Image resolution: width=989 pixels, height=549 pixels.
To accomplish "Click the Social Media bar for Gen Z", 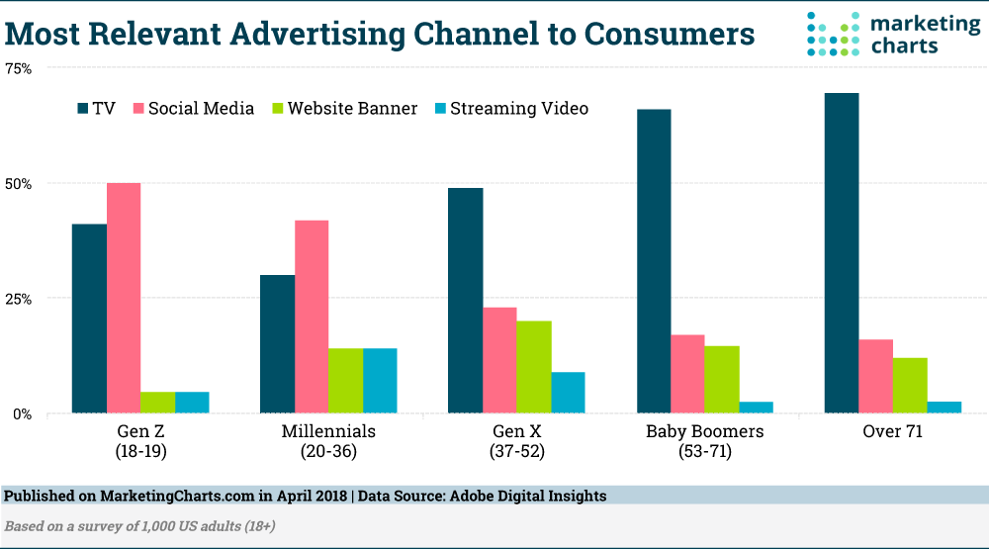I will pyautogui.click(x=124, y=298).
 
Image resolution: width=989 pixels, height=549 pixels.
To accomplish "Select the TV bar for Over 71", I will pyautogui.click(x=842, y=253).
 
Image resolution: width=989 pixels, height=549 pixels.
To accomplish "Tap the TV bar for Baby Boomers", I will pyautogui.click(x=654, y=261).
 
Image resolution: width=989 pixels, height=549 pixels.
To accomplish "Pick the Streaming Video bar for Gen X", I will pyautogui.click(x=568, y=393).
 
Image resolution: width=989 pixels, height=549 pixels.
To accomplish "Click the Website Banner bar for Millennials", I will pyautogui.click(x=345, y=381).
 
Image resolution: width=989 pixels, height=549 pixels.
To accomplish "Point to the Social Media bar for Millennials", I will pyautogui.click(x=312, y=317).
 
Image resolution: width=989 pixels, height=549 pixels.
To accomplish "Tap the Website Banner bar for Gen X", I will pyautogui.click(x=534, y=367).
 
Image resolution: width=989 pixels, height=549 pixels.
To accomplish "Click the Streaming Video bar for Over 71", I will pyautogui.click(x=944, y=407).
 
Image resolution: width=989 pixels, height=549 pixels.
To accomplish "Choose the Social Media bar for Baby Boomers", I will pyautogui.click(x=687, y=374).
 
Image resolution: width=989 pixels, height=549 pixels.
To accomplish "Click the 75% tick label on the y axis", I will pyautogui.click(x=18, y=68).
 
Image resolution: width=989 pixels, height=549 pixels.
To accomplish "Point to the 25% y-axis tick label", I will pyautogui.click(x=18, y=299).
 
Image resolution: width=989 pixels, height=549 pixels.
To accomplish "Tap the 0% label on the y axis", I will pyautogui.click(x=22, y=413).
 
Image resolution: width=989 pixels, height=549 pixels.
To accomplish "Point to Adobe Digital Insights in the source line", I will pyautogui.click(x=531, y=496).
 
